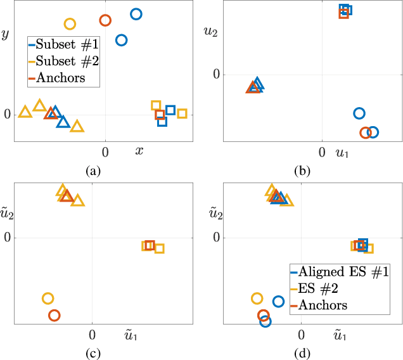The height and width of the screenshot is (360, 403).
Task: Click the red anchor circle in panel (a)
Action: tap(105, 20)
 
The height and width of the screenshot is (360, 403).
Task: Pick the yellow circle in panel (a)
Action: tap(70, 24)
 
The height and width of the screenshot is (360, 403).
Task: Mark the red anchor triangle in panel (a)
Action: tap(50, 113)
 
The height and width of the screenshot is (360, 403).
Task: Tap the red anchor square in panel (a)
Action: tap(160, 115)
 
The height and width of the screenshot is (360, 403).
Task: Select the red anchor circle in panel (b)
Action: tap(365, 132)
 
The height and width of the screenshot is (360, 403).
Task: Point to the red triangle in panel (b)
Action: tap(252, 87)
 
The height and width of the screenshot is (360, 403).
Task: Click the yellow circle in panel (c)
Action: tap(48, 299)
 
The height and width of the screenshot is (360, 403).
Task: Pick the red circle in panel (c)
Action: tap(54, 315)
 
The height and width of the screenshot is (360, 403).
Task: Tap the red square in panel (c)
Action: tap(150, 245)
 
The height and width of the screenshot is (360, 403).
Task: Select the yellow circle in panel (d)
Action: tap(257, 299)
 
